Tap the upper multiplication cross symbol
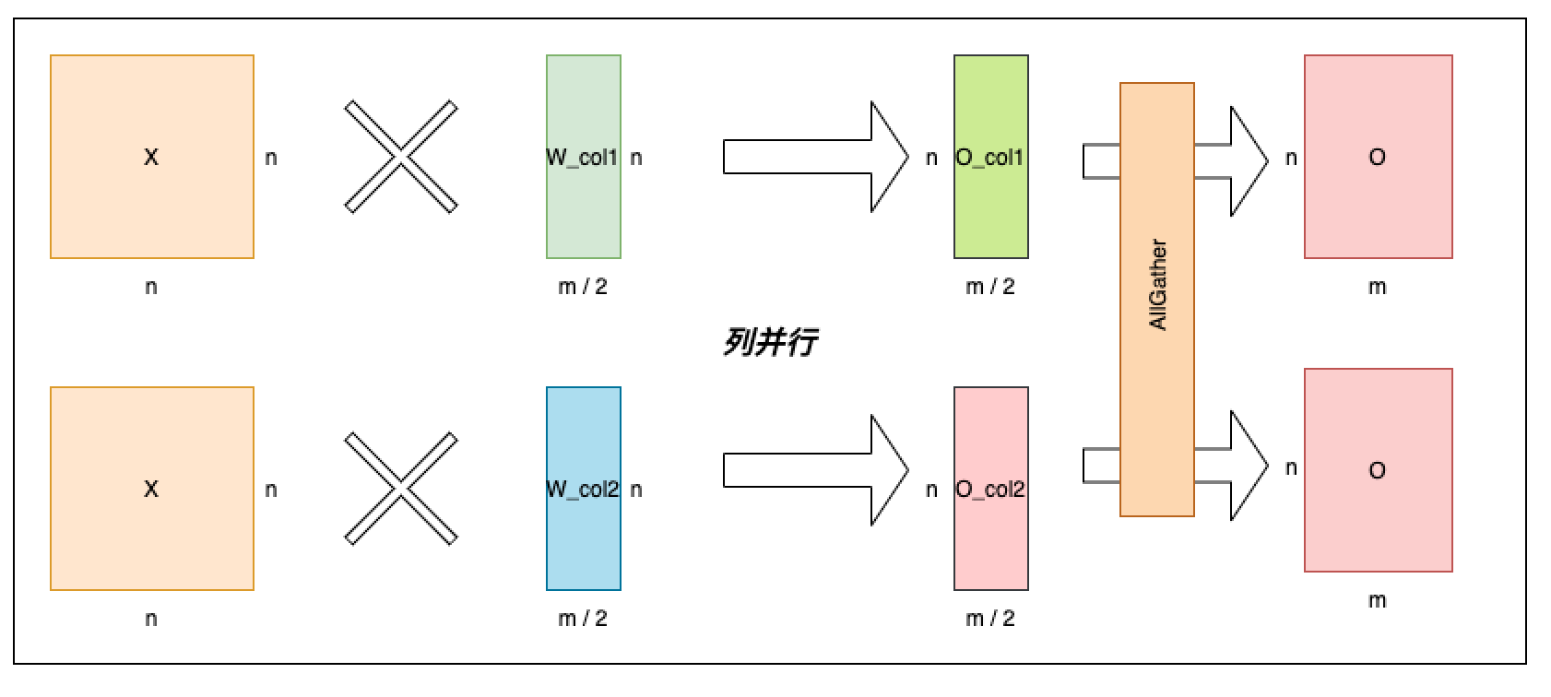(401, 157)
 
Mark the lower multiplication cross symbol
(401, 489)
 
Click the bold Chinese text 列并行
(770, 343)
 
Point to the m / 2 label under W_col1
(583, 287)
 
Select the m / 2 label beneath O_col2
(990, 619)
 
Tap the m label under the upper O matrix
(1378, 287)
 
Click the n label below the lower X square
(151, 619)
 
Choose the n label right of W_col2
(636, 490)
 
